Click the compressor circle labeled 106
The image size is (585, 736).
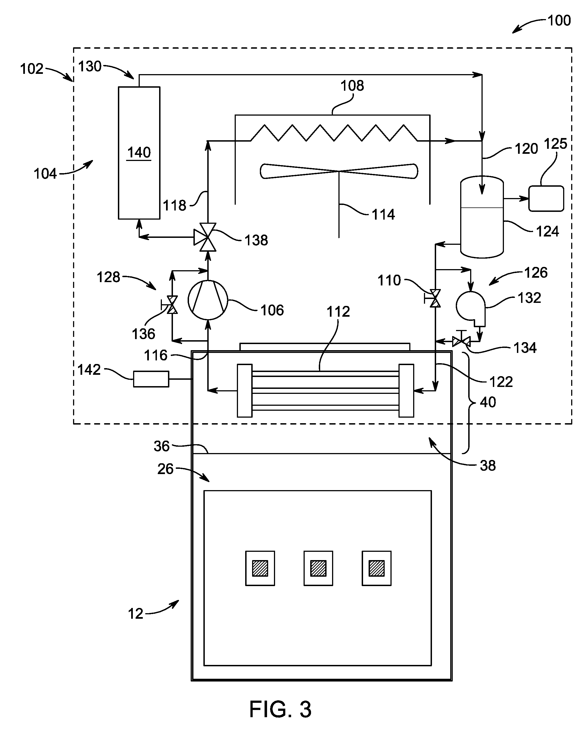[x=208, y=300]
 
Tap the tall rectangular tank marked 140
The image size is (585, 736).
[x=139, y=153]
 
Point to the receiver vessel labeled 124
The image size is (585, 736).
[x=482, y=217]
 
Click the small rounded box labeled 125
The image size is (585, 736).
[x=546, y=198]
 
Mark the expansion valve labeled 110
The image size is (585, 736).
[x=434, y=298]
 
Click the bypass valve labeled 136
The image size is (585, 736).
[x=171, y=305]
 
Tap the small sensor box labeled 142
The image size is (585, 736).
[x=151, y=379]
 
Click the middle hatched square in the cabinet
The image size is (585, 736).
[x=318, y=568]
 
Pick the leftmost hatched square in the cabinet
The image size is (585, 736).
[x=260, y=568]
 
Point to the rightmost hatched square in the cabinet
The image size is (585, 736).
[x=377, y=568]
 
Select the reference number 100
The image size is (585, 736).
[x=559, y=20]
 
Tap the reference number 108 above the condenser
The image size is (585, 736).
[x=352, y=85]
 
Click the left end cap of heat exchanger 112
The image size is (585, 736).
[x=245, y=391]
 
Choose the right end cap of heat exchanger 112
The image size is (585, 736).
[x=406, y=391]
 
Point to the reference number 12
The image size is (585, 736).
[x=136, y=614]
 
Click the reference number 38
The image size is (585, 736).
[x=488, y=465]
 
